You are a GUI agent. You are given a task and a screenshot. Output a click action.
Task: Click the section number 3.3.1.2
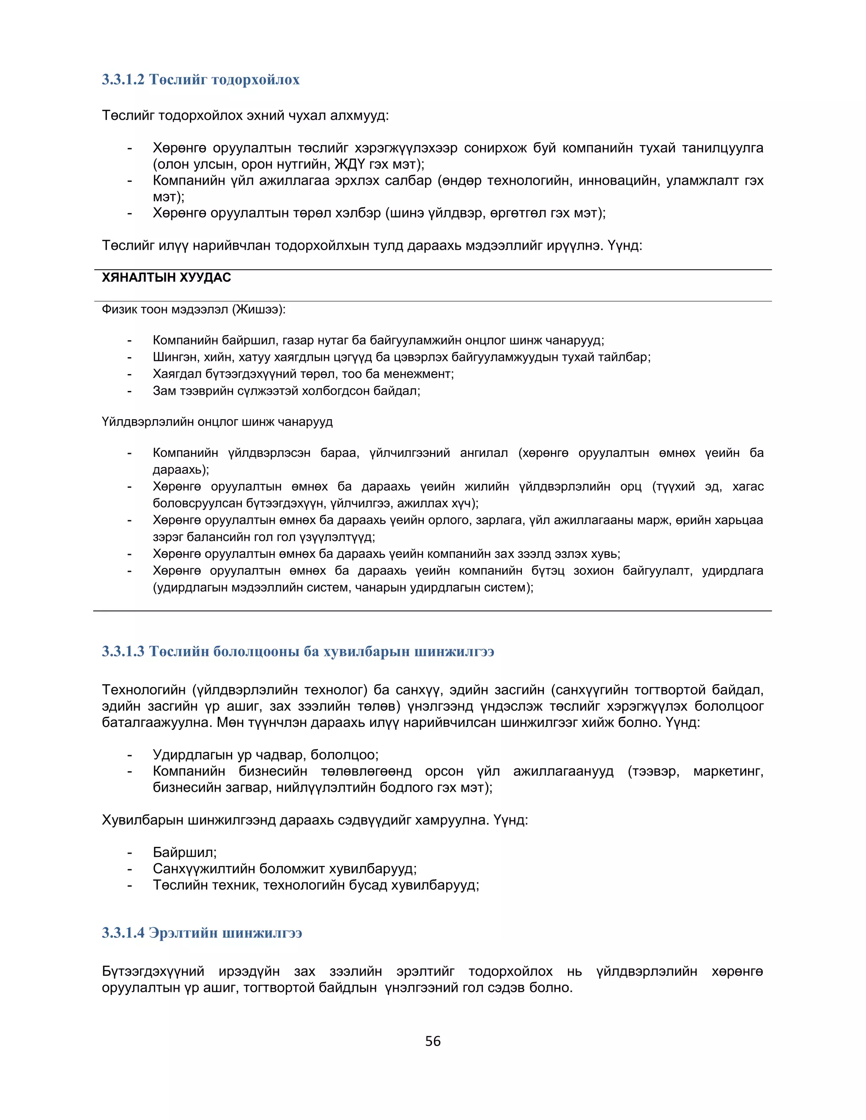click(123, 79)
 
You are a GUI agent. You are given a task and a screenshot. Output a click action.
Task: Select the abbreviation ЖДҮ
click(350, 164)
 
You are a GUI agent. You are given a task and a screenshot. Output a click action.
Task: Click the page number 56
click(433, 1041)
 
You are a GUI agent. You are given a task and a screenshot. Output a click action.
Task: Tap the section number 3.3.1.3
click(123, 651)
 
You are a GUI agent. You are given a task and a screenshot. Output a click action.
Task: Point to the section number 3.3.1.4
click(123, 932)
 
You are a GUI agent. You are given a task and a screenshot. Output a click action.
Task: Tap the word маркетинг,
click(728, 771)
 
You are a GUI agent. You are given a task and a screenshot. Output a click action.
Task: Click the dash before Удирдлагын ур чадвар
click(130, 755)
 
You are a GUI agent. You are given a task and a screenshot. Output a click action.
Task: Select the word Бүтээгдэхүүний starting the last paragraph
click(153, 971)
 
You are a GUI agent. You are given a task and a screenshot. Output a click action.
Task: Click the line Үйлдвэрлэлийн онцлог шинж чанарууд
click(217, 422)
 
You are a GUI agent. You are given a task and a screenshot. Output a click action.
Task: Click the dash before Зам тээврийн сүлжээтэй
click(130, 391)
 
